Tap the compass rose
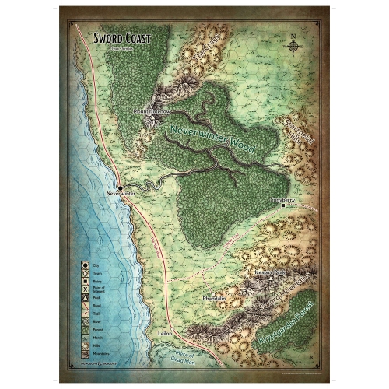pos(294,45)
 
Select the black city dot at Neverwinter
pos(121,187)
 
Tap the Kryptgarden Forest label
pos(280,331)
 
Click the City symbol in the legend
pos(84,266)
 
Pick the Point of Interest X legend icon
pos(84,289)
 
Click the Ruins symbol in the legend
pos(84,281)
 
